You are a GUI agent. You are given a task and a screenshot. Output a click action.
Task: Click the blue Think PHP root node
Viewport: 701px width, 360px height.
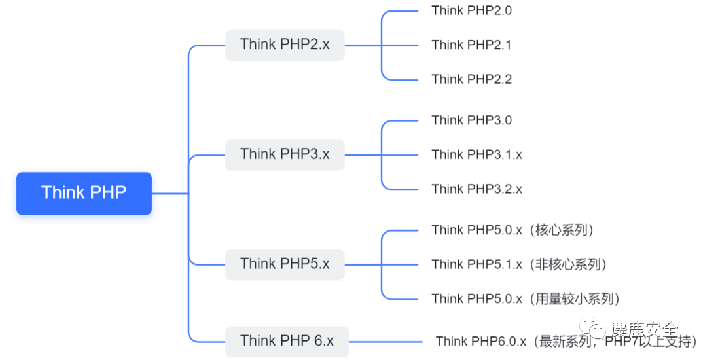tap(84, 193)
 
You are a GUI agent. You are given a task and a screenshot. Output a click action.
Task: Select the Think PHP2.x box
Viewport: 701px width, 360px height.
tap(285, 45)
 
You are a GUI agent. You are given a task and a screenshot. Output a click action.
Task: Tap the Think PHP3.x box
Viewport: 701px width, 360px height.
tap(285, 154)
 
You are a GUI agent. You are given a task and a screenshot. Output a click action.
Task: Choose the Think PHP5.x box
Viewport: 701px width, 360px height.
tap(285, 264)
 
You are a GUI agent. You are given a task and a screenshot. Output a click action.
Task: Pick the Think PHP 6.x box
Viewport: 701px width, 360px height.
tap(287, 341)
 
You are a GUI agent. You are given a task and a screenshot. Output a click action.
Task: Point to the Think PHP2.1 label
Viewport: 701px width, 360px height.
tap(471, 45)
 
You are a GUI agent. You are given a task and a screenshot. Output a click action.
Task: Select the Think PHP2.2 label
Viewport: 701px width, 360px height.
tap(471, 79)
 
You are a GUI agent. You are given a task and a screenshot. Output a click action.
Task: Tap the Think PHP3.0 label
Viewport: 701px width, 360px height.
tap(471, 120)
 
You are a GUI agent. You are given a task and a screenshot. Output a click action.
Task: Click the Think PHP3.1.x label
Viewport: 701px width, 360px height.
tap(476, 154)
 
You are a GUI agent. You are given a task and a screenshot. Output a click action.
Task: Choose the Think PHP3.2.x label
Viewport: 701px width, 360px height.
tap(476, 189)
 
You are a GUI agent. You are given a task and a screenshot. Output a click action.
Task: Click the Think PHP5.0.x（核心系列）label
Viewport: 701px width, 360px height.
tap(512, 230)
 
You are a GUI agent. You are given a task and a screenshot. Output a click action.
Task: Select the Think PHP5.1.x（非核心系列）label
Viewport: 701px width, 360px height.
tap(519, 264)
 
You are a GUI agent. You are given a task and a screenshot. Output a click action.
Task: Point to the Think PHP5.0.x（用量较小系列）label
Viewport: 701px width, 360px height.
tap(526, 299)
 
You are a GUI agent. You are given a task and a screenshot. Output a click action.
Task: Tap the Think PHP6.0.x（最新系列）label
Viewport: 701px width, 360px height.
tap(566, 341)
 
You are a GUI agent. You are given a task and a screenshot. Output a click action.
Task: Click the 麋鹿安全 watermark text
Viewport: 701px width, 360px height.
tap(644, 328)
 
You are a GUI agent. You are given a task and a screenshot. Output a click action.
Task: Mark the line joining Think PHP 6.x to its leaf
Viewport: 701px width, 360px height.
tap(386, 341)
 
